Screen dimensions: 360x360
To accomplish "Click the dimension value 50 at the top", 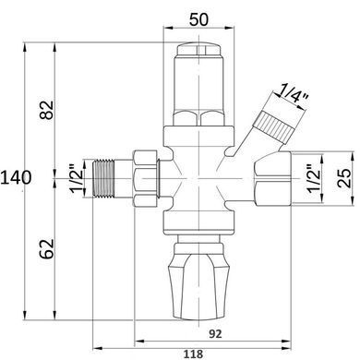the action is coord(198,19).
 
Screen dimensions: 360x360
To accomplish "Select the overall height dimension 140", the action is coord(16,177).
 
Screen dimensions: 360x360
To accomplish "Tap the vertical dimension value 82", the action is coord(47,110).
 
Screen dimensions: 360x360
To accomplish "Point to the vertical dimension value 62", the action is coord(47,248).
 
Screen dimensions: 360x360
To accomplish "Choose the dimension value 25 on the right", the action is coord(343,178).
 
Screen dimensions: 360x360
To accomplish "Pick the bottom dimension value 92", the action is coord(215,333).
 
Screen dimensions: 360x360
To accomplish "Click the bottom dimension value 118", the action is coord(193,354).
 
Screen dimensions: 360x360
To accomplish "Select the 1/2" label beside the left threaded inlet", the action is coord(76,178).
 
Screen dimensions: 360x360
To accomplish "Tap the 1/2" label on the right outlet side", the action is coord(314,178).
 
